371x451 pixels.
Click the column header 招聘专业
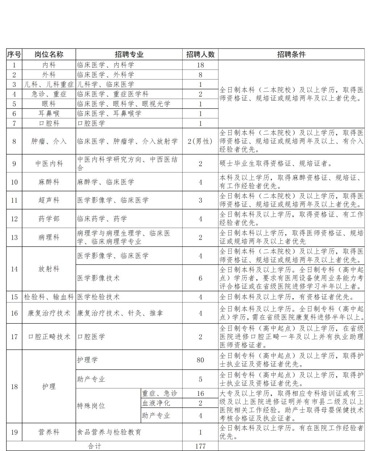[x=129, y=54]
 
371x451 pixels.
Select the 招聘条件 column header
[x=291, y=54]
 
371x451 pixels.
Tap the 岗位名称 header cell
[x=49, y=54]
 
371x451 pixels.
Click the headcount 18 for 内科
[x=200, y=65]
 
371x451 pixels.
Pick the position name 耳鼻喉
[x=49, y=114]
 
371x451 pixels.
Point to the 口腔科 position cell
[x=49, y=123]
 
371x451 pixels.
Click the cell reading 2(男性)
[x=200, y=141]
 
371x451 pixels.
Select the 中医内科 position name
[x=49, y=164]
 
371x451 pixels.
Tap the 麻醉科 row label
[x=49, y=182]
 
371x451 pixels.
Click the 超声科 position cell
[x=49, y=200]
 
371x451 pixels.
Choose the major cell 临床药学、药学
[x=102, y=219]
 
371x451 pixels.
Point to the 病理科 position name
[x=49, y=237]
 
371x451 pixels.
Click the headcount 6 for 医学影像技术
[x=200, y=278]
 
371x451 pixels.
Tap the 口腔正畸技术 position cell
[x=49, y=337]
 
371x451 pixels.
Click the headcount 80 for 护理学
[x=200, y=360]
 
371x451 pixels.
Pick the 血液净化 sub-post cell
[x=156, y=403]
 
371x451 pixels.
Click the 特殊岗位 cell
[x=91, y=406]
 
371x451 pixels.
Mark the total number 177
[x=200, y=446]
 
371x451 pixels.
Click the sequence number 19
[x=14, y=432]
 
